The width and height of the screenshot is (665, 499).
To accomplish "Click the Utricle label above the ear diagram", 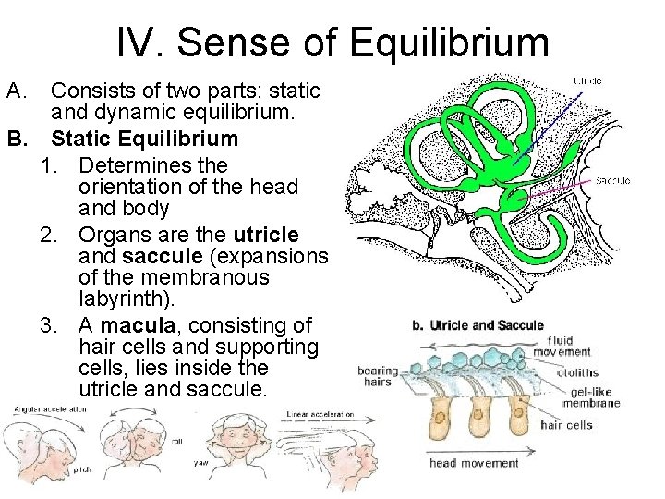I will coord(587,80).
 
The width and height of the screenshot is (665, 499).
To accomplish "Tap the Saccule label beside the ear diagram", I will coord(612,181).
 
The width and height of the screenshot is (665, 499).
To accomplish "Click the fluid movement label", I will coord(563,346).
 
